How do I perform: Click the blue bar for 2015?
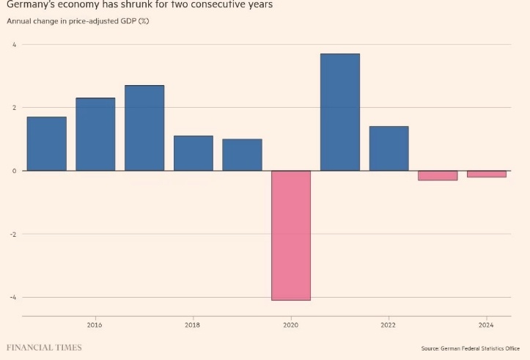tap(46, 144)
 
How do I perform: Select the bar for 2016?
tap(95, 134)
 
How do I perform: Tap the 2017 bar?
tap(144, 128)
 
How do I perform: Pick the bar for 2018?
tap(193, 153)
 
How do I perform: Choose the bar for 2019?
tap(242, 155)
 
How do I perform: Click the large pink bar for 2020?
tap(291, 235)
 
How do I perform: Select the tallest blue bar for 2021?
tap(340, 112)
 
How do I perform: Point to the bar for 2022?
tap(389, 148)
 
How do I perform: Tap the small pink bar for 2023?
tap(438, 175)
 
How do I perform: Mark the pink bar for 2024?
tap(487, 174)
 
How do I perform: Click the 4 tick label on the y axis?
tap(13, 45)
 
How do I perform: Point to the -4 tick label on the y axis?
tap(12, 297)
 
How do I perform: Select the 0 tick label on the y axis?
tap(13, 171)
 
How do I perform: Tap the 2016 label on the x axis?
tap(95, 325)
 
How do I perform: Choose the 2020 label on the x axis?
tap(290, 325)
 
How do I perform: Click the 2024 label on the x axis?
tap(486, 325)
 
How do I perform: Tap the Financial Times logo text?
tap(44, 347)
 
